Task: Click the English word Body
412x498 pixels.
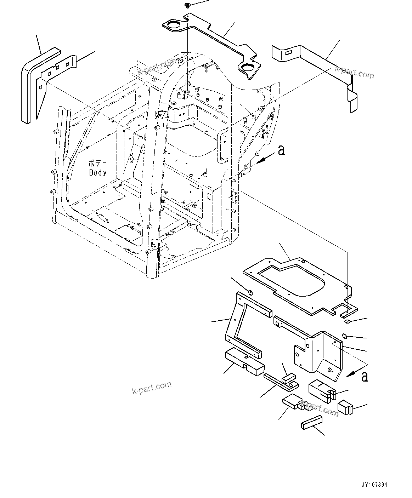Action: click(x=98, y=172)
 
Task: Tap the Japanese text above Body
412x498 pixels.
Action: click(x=97, y=164)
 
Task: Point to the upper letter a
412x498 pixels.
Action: click(x=281, y=150)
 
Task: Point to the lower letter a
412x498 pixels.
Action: click(x=365, y=377)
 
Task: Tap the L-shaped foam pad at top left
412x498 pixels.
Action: click(x=32, y=85)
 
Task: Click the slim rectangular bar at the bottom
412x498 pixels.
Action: click(x=311, y=423)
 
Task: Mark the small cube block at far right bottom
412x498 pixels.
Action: click(x=344, y=407)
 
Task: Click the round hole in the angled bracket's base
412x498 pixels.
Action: click(x=330, y=370)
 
